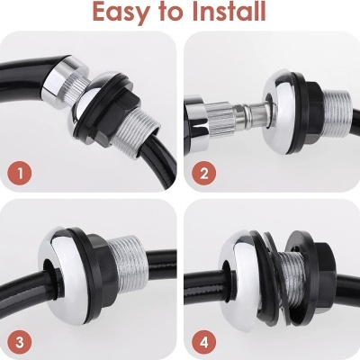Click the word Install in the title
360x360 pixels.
tap(229, 11)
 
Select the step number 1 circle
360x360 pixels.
tap(20, 174)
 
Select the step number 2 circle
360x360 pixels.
tap(204, 174)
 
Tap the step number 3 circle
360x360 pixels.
tap(20, 342)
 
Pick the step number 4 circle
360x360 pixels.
tap(204, 342)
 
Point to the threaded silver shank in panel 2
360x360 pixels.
tap(337, 113)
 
